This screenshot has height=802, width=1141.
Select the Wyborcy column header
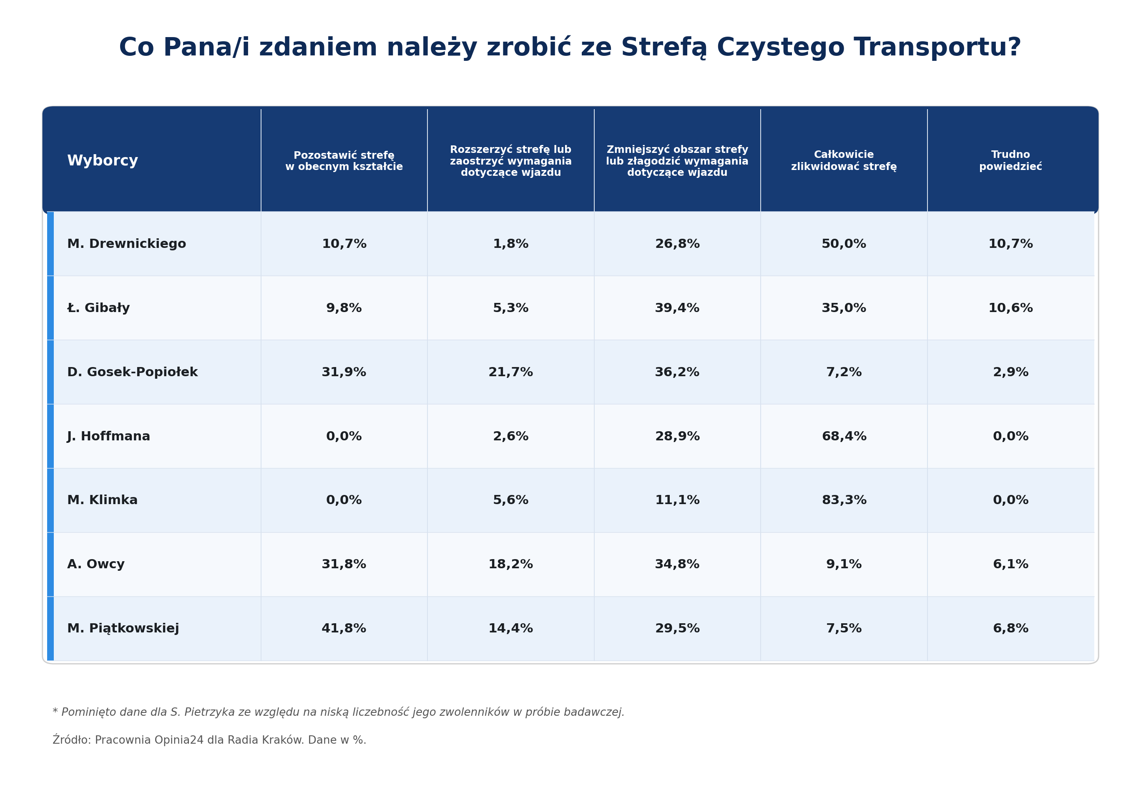[102, 160]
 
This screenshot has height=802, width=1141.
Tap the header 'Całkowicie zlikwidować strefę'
[844, 160]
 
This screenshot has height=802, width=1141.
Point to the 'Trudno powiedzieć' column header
[1010, 160]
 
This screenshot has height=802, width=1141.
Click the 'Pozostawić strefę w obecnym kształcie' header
[344, 160]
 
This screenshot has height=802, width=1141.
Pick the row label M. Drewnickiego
[127, 244]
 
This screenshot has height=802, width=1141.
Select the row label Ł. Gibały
[98, 308]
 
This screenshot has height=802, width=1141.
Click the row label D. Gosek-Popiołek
[132, 372]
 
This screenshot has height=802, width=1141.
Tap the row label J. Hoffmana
[108, 436]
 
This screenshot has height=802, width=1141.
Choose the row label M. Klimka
[102, 500]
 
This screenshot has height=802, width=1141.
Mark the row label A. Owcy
[96, 564]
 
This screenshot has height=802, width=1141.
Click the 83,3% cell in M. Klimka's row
[844, 500]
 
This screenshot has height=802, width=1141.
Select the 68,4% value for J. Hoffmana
[844, 436]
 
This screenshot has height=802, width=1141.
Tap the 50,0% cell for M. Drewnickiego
[844, 244]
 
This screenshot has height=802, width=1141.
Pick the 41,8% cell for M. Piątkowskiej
[344, 628]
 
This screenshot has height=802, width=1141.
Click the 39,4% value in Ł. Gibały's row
[677, 308]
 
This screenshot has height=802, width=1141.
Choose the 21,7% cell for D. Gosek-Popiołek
[510, 372]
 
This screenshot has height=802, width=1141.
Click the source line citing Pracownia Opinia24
[209, 740]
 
